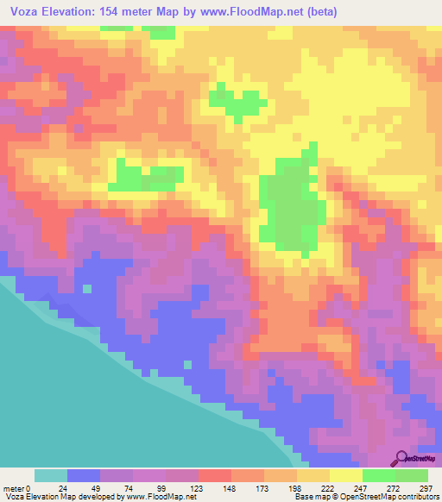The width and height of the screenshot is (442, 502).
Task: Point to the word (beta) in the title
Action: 319,12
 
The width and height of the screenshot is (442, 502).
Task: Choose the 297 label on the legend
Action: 423,487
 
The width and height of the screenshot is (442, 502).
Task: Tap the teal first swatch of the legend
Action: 51,475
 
